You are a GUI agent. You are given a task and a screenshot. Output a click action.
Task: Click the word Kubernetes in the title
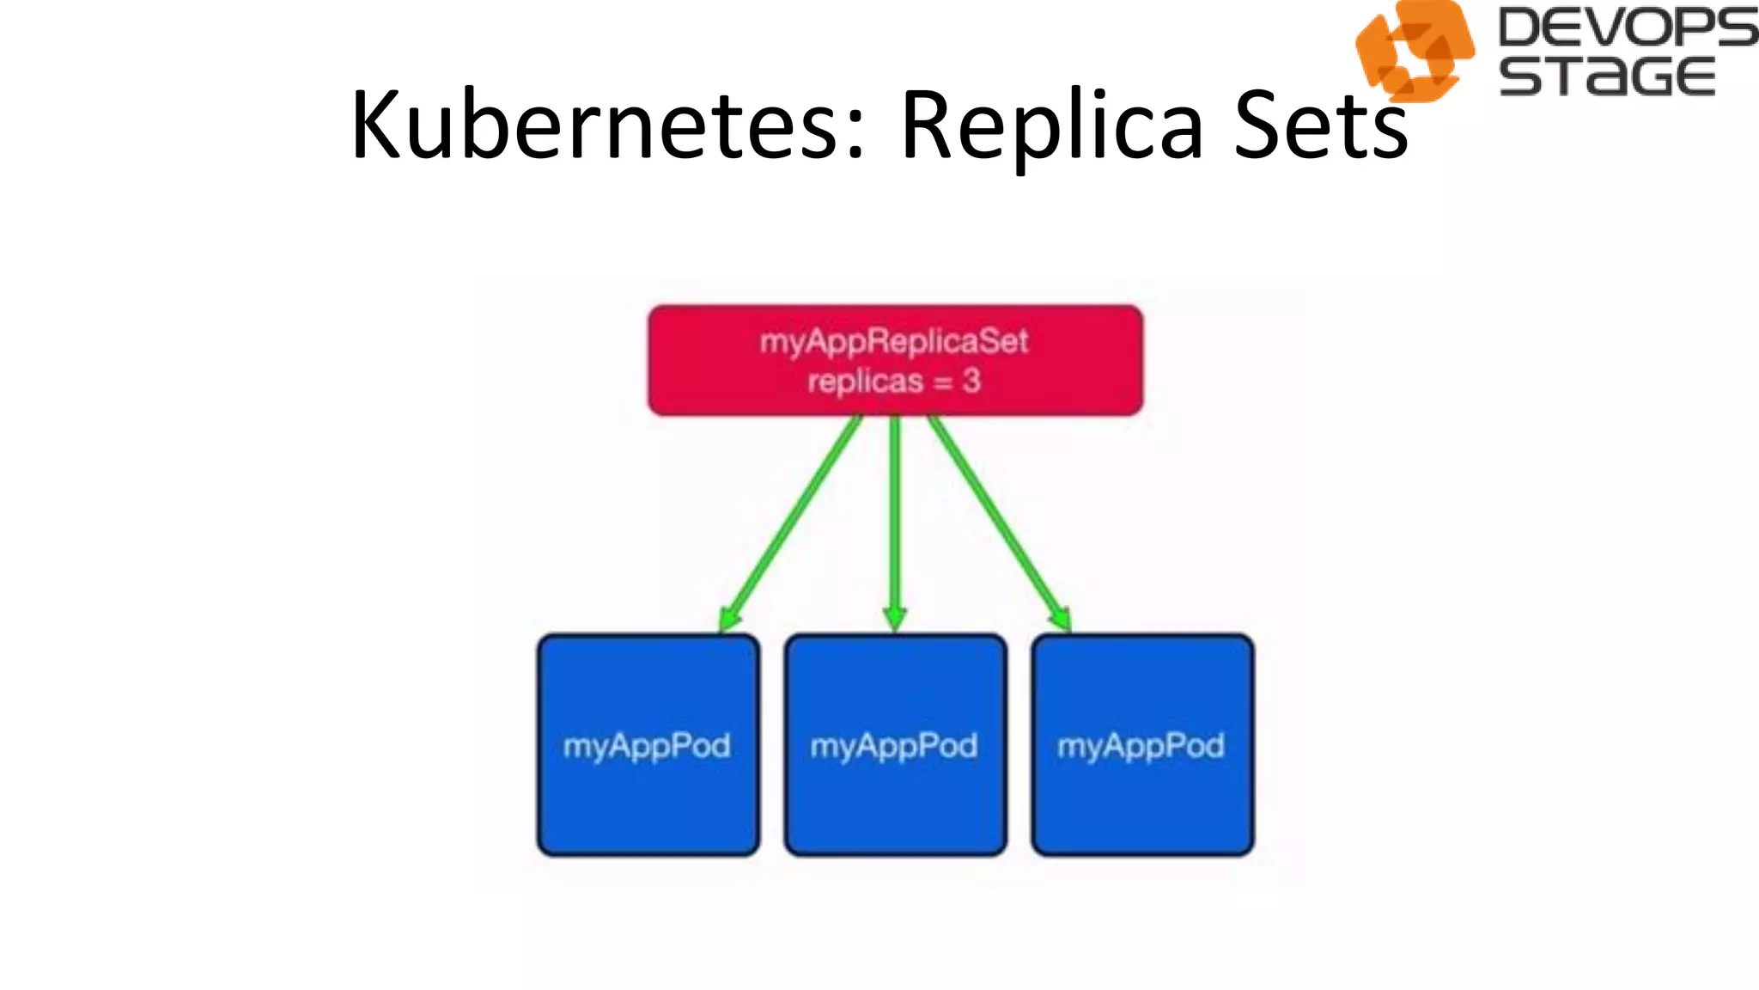tap(593, 126)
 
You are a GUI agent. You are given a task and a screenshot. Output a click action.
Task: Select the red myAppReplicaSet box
tap(895, 360)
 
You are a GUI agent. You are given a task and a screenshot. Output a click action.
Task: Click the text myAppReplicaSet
tap(893, 341)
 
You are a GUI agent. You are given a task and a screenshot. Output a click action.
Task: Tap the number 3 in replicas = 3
tap(971, 381)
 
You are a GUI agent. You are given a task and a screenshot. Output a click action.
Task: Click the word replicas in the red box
tap(864, 381)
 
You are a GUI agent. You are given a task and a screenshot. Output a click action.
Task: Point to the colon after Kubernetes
tap(854, 137)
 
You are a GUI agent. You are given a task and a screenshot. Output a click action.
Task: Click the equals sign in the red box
tap(942, 382)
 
